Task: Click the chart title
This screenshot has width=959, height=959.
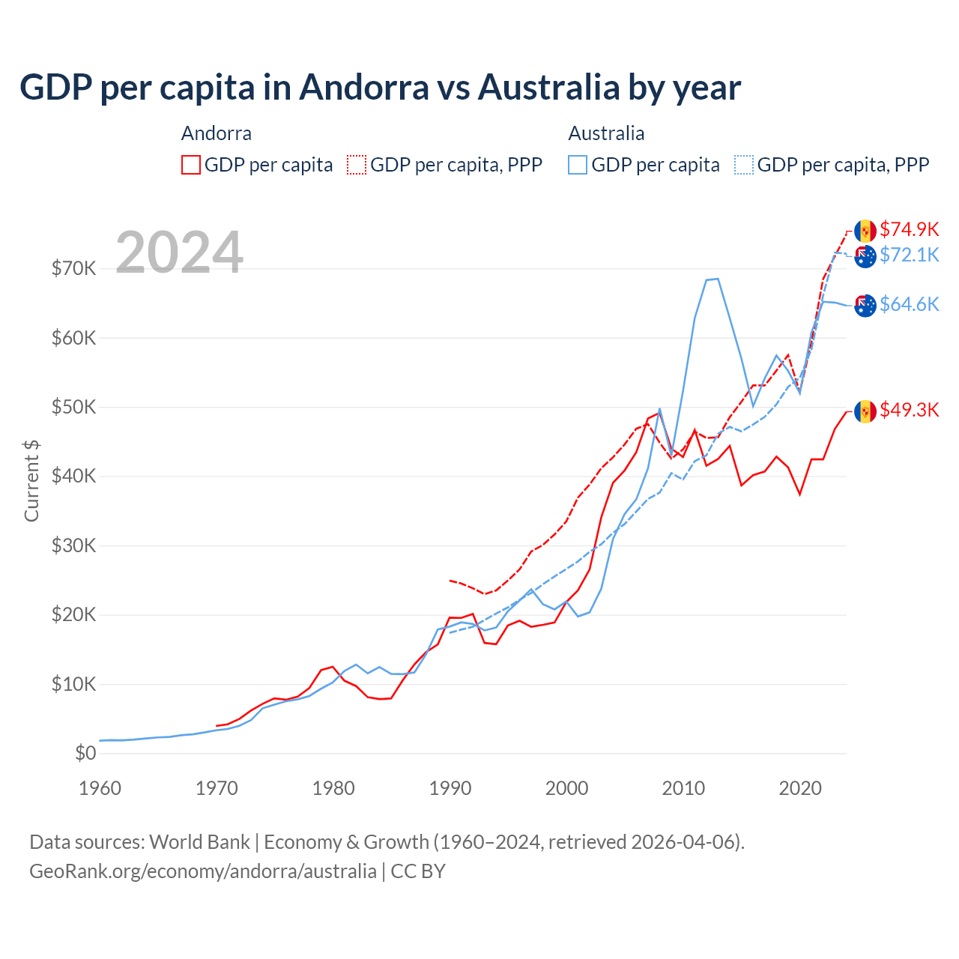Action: click(380, 88)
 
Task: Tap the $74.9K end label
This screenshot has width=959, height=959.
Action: click(909, 229)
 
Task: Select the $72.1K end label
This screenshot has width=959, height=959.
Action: click(909, 255)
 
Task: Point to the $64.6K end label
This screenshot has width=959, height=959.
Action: click(909, 304)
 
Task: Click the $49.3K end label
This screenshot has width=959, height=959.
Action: click(909, 410)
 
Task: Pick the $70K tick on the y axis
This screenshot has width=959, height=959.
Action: click(73, 269)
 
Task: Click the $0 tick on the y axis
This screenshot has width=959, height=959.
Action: click(85, 754)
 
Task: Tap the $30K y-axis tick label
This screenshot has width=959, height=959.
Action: click(73, 546)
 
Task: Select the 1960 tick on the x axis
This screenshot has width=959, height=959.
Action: click(100, 788)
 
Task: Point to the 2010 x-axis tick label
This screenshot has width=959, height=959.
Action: click(683, 788)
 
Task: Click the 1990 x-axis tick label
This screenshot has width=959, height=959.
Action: click(450, 788)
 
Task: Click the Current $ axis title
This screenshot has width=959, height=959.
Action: click(31, 481)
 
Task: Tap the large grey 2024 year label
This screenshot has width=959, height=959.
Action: click(180, 252)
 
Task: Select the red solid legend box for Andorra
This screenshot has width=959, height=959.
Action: click(191, 165)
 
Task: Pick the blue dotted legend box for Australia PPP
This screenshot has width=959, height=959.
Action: click(744, 165)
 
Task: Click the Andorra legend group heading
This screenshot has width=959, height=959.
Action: click(217, 133)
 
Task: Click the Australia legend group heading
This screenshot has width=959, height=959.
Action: click(606, 133)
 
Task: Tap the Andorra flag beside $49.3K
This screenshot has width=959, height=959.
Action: click(865, 411)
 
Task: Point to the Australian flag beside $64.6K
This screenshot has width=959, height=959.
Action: click(865, 306)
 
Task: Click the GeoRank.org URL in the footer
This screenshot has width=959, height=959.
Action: click(203, 871)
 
